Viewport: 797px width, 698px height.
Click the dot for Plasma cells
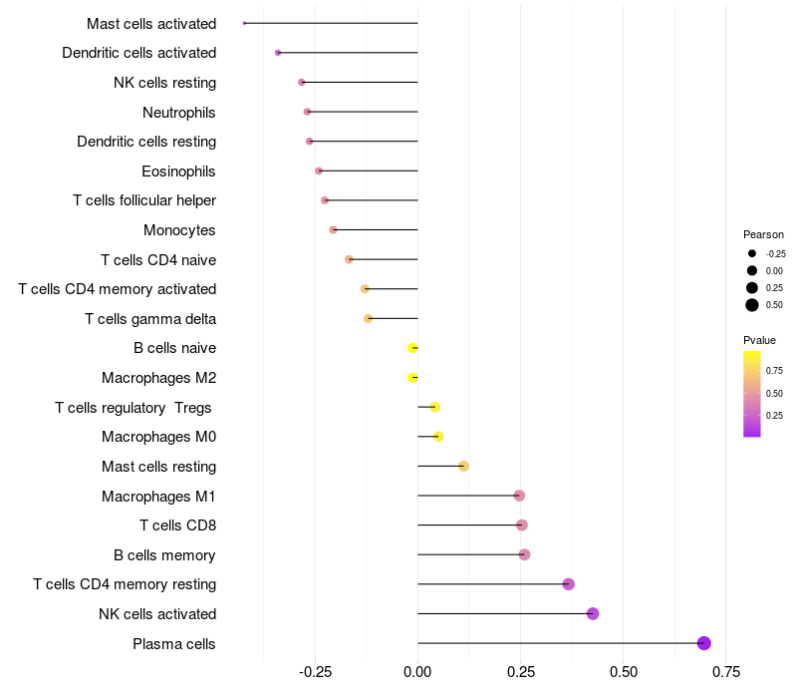pyautogui.click(x=704, y=643)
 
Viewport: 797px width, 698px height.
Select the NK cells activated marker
pyautogui.click(x=593, y=613)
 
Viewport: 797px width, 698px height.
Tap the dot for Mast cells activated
pyautogui.click(x=244, y=23)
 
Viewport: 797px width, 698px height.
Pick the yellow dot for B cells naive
pyautogui.click(x=412, y=348)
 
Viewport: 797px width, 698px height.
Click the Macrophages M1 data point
pyautogui.click(x=519, y=496)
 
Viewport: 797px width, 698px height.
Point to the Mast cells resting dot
pyautogui.click(x=463, y=466)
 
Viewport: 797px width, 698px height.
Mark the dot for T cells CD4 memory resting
pyautogui.click(x=569, y=584)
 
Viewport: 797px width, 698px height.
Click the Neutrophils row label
pyautogui.click(x=179, y=112)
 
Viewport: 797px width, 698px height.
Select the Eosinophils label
pyautogui.click(x=179, y=172)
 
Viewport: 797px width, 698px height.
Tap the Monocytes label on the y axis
pyautogui.click(x=180, y=230)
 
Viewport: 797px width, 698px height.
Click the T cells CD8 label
pyautogui.click(x=178, y=525)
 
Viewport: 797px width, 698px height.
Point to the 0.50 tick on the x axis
pyautogui.click(x=624, y=672)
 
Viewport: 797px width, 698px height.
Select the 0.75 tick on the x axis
pyautogui.click(x=726, y=672)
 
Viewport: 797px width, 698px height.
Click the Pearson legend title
pyautogui.click(x=764, y=234)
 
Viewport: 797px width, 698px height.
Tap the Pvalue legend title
pyautogui.click(x=760, y=340)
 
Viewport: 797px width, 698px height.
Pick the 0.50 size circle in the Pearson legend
pyautogui.click(x=752, y=305)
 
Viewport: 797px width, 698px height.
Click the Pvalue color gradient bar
pyautogui.click(x=752, y=393)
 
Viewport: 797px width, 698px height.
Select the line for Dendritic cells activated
pyautogui.click(x=349, y=53)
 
